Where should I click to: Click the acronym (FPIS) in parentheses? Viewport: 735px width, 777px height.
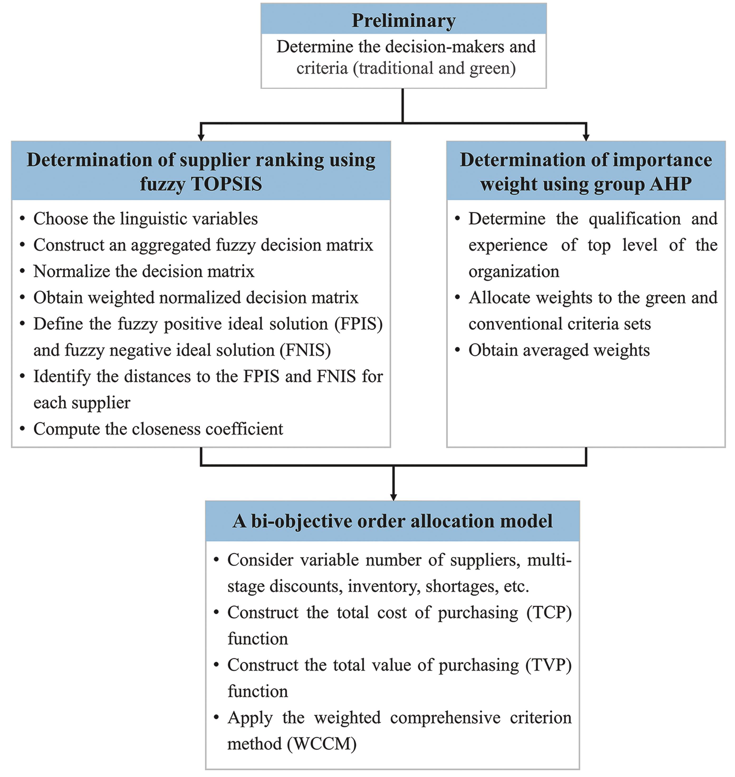point(358,324)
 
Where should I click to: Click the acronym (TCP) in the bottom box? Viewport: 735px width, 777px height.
point(549,613)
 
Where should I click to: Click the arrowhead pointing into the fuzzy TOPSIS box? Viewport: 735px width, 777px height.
point(201,137)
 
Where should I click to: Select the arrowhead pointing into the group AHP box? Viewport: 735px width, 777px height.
point(586,137)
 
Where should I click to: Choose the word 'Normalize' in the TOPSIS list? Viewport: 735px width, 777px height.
point(72,271)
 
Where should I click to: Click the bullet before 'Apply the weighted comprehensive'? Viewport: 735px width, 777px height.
point(216,718)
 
